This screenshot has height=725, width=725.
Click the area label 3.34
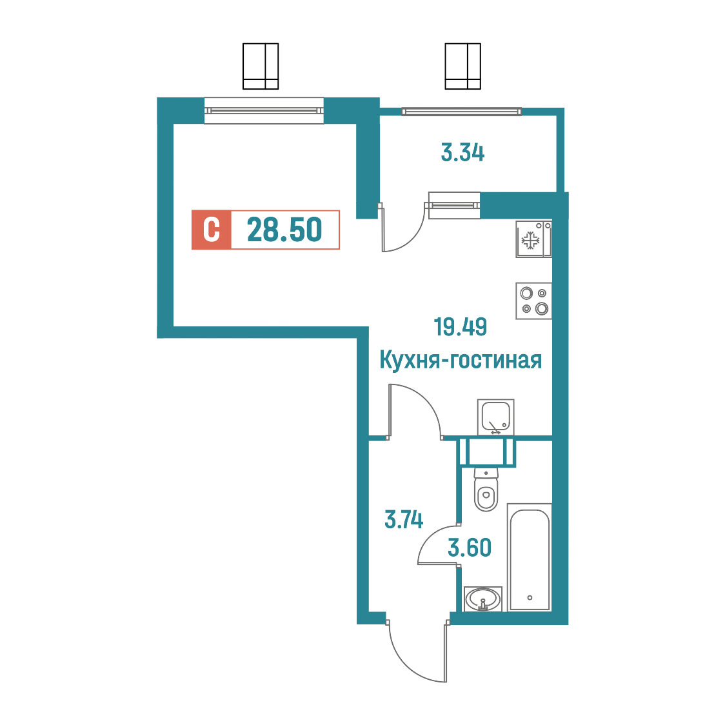(x=462, y=153)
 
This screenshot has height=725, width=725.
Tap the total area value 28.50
(x=284, y=230)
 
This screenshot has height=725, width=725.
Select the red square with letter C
(x=212, y=230)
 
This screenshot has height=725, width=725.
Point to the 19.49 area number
(x=460, y=327)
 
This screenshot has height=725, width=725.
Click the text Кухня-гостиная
(x=461, y=360)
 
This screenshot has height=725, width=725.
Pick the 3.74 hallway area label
(x=404, y=520)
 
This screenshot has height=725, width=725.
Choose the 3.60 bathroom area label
(x=470, y=548)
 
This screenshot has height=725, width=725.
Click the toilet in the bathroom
(x=486, y=490)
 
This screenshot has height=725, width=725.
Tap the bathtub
(x=530, y=557)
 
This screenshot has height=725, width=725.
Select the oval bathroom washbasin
(x=482, y=599)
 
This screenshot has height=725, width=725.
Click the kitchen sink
(x=495, y=417)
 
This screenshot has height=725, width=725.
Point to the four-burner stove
(x=534, y=301)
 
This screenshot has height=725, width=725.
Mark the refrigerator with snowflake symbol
(x=534, y=239)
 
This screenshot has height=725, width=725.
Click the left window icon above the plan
(x=261, y=66)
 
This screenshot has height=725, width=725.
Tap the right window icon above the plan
(x=463, y=66)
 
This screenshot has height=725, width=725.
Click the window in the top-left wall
(x=264, y=110)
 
